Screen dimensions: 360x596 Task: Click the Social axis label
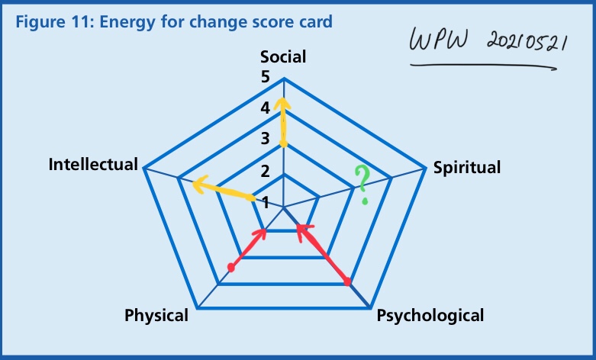pyautogui.click(x=283, y=57)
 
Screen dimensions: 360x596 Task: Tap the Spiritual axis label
pyautogui.click(x=467, y=168)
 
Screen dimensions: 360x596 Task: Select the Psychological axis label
pyautogui.click(x=430, y=315)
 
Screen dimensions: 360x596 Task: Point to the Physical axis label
pyautogui.click(x=157, y=315)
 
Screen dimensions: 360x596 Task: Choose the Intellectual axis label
pyautogui.click(x=92, y=164)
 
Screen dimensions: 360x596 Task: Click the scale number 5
pyautogui.click(x=266, y=77)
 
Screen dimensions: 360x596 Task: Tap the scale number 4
pyautogui.click(x=266, y=108)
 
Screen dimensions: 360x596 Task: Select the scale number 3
pyautogui.click(x=266, y=139)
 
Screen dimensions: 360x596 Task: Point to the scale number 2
pyautogui.click(x=266, y=171)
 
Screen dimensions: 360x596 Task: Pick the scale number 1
pyautogui.click(x=266, y=202)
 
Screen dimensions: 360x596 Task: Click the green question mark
pyautogui.click(x=364, y=185)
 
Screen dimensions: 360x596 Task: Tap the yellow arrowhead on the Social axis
pyautogui.click(x=283, y=103)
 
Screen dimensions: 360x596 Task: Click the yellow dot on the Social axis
pyautogui.click(x=283, y=143)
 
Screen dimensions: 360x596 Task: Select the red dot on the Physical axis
pyautogui.click(x=231, y=268)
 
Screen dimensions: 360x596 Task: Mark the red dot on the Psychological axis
pyautogui.click(x=347, y=283)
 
